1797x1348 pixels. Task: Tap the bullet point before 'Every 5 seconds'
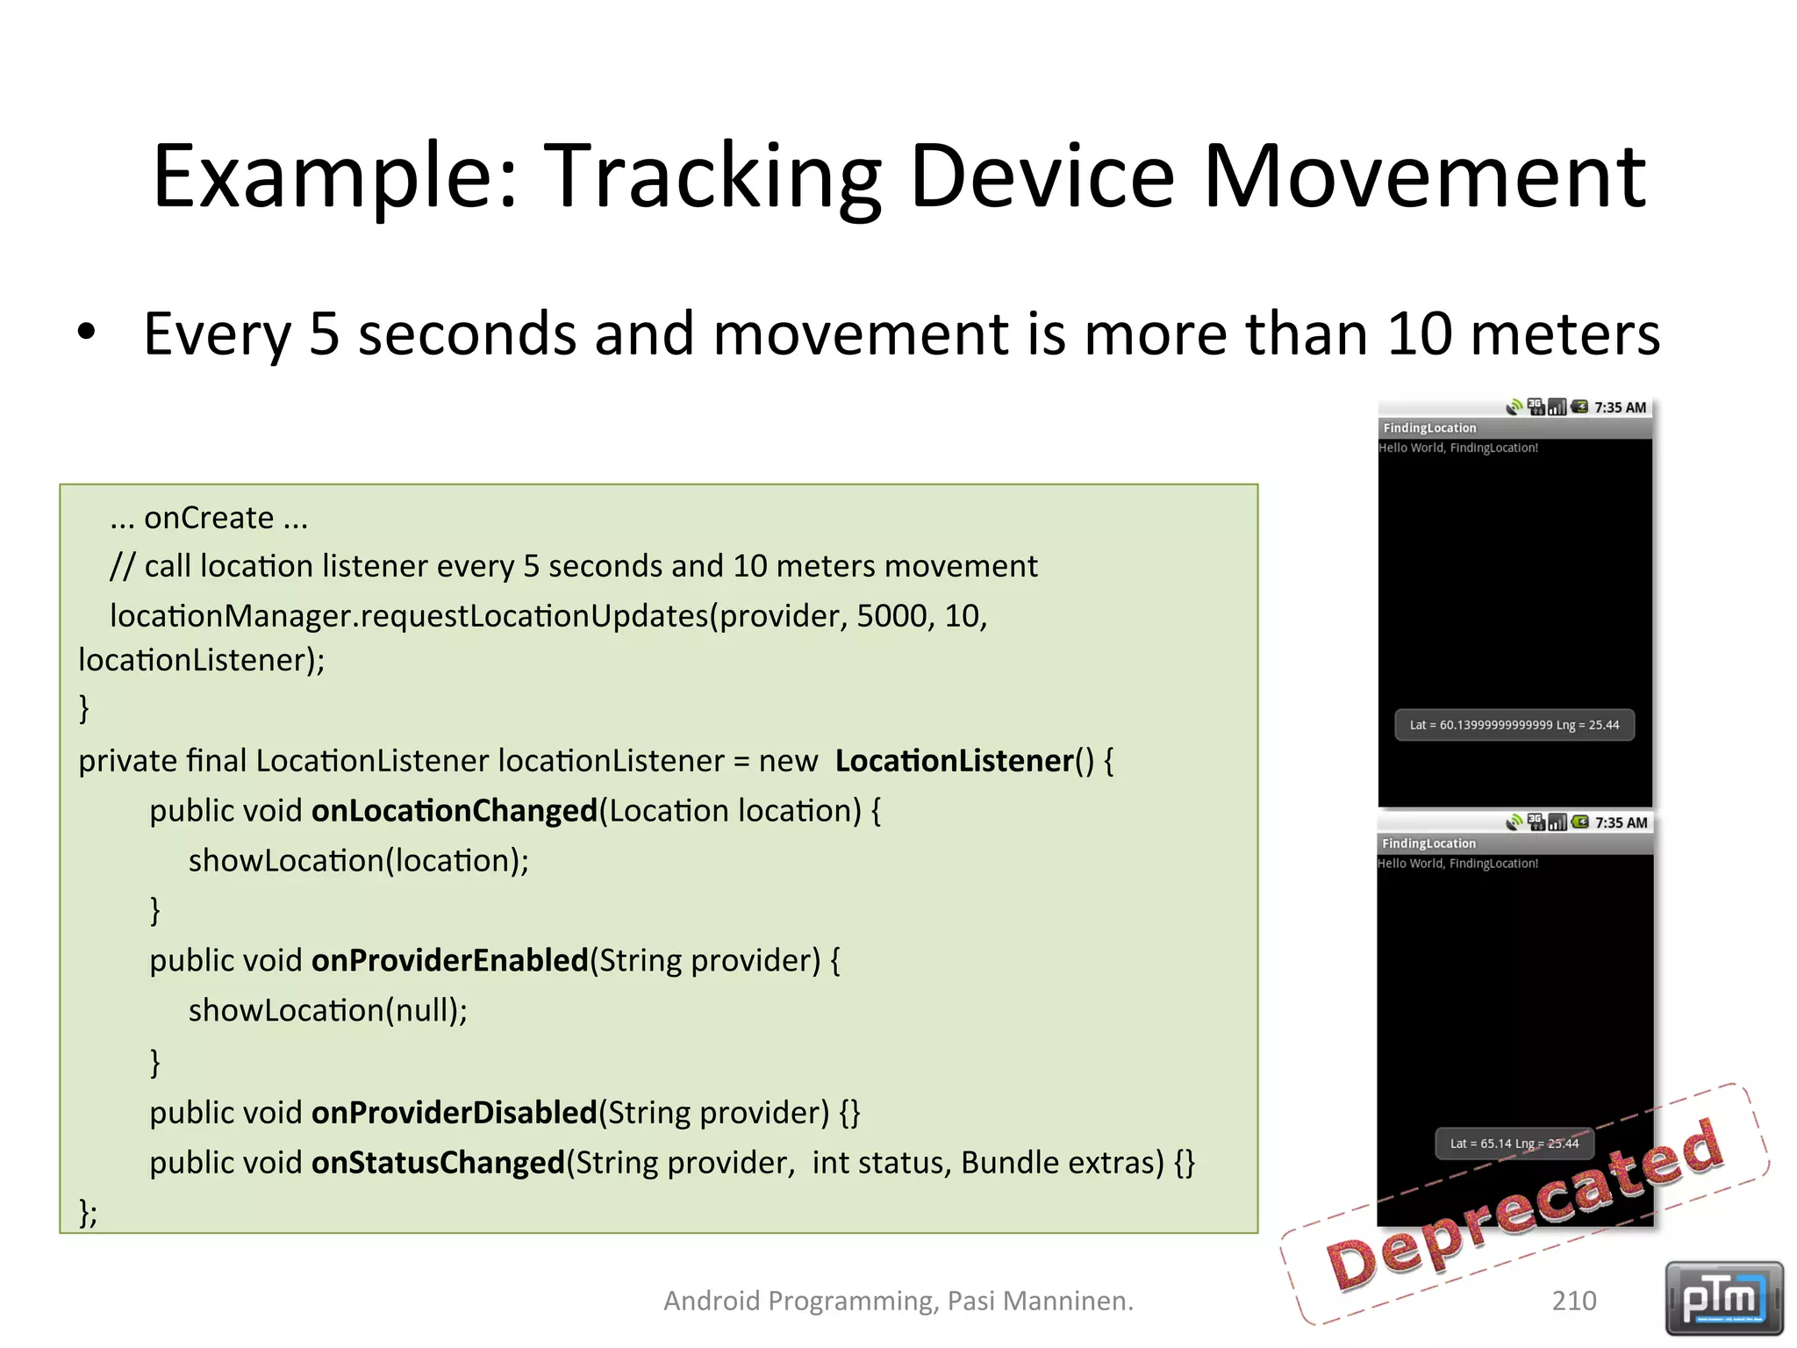86,333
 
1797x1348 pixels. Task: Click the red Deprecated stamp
1525,1207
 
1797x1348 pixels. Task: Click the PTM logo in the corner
1723,1297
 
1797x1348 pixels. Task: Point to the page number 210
1573,1300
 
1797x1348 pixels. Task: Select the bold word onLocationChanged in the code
454,810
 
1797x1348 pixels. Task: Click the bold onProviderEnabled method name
449,960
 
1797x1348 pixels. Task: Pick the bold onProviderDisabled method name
454,1112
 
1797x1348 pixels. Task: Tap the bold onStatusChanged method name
437,1162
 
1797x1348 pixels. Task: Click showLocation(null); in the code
327,1010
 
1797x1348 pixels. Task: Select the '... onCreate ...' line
209,518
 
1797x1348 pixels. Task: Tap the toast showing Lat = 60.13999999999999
1514,725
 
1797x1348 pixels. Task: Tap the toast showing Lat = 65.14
1514,1144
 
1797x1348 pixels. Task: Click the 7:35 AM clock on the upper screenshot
1620,407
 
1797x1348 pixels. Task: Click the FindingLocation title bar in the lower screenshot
1428,843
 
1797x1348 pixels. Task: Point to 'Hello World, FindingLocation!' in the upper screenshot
1457,448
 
